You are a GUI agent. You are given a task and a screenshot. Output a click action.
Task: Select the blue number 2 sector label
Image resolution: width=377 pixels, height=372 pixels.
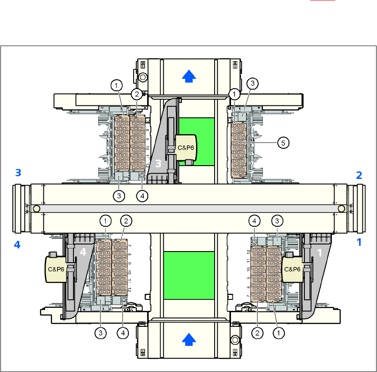pyautogui.click(x=359, y=175)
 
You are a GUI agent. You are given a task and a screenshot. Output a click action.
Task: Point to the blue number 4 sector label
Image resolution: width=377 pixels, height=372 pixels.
pyautogui.click(x=17, y=244)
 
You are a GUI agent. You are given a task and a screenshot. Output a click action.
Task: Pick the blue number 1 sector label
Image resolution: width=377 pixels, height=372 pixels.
pyautogui.click(x=359, y=242)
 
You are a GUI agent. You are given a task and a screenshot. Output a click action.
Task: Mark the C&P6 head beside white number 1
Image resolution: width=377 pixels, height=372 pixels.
pyautogui.click(x=292, y=269)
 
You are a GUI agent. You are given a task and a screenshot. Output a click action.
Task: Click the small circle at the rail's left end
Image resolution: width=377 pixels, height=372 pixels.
pyautogui.click(x=36, y=208)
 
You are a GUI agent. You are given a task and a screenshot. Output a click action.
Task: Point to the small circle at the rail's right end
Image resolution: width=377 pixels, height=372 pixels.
pyautogui.click(x=341, y=208)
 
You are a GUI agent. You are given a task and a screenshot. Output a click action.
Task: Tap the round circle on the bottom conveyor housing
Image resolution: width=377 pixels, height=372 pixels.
pyautogui.click(x=235, y=340)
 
